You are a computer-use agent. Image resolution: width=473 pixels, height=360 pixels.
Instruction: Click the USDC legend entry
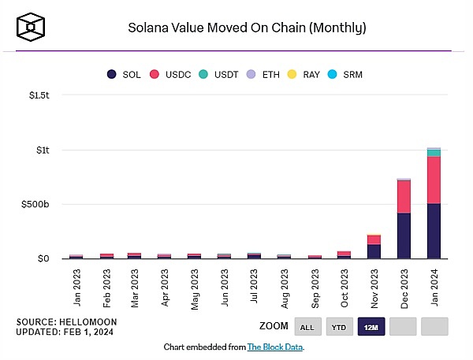(x=176, y=74)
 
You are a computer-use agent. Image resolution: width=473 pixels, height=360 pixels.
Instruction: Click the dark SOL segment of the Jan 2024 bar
(x=434, y=231)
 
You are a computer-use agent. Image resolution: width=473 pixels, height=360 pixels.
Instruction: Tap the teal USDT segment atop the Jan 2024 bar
(x=434, y=152)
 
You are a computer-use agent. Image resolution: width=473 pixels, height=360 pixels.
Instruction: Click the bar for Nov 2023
(x=374, y=247)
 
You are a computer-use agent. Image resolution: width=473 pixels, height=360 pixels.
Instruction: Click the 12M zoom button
(x=371, y=326)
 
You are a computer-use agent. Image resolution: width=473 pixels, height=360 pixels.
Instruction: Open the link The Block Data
(x=275, y=347)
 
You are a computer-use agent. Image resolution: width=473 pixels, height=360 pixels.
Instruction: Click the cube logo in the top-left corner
(x=31, y=28)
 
